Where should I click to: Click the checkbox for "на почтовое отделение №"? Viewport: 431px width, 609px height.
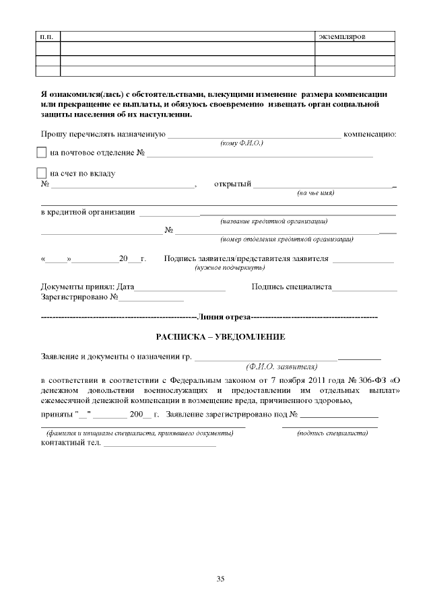pos(42,153)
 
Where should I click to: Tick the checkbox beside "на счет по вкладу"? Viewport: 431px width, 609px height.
pos(42,173)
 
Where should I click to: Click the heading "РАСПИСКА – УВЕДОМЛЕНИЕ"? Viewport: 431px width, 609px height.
pos(220,336)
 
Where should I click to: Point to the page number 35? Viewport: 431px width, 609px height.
pos(220,579)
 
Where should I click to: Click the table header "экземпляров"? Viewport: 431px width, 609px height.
pos(341,36)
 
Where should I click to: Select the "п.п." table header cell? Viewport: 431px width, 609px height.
pos(48,36)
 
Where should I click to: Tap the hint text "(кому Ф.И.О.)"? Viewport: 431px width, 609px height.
pos(242,143)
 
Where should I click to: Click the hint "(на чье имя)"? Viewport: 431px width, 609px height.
pos(316,193)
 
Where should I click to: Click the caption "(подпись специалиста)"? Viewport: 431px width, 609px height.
pos(332,433)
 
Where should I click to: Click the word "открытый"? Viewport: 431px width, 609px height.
pos(232,184)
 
